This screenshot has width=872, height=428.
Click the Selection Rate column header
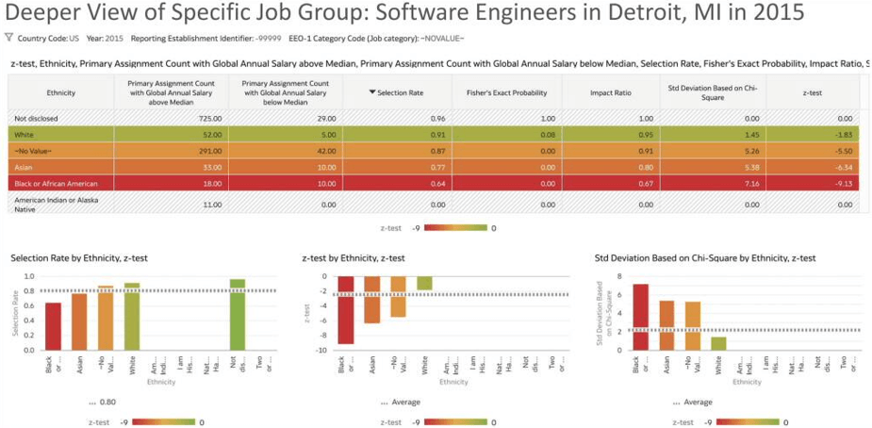tap(400, 93)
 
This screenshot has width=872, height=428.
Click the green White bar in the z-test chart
tap(425, 283)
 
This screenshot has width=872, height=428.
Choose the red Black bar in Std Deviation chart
tap(640, 317)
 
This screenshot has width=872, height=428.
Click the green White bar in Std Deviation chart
tap(718, 343)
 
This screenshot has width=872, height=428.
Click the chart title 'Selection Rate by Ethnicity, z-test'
tap(79, 257)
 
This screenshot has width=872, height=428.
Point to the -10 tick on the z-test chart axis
tap(321, 350)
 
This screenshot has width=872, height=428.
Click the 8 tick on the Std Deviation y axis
tap(619, 276)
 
